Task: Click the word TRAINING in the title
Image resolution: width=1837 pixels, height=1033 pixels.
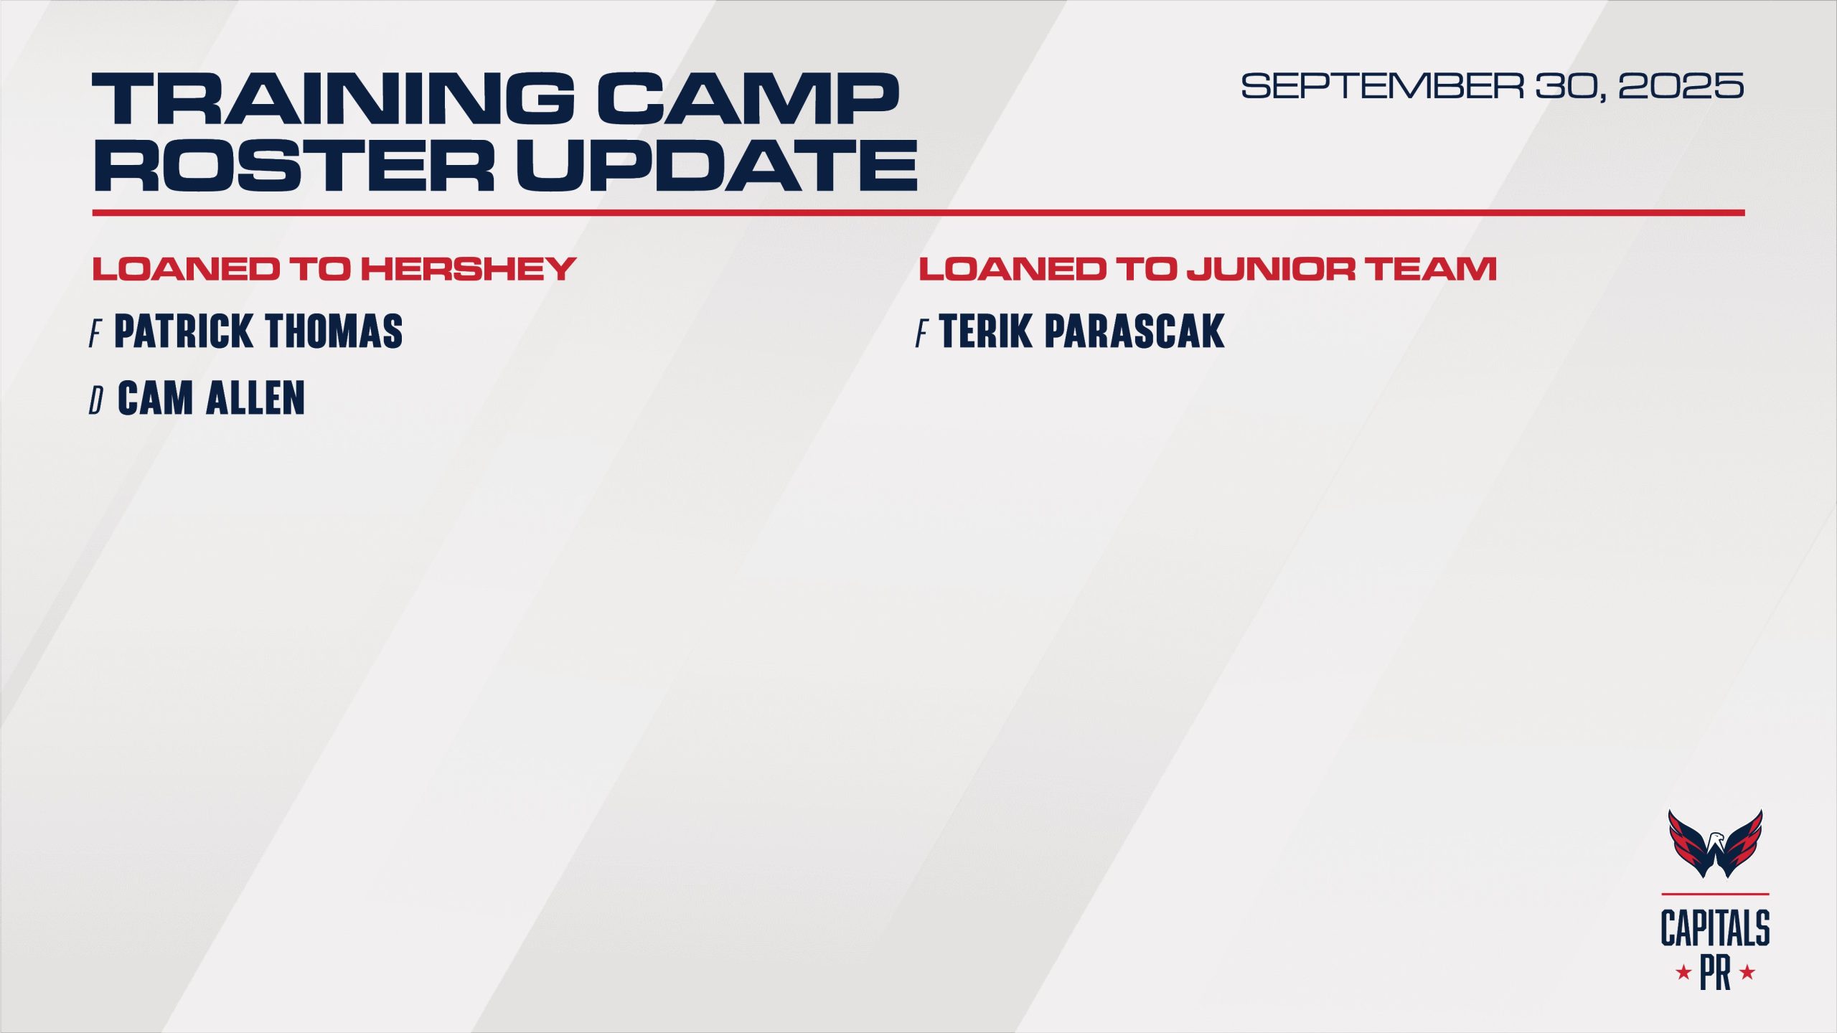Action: [334, 98]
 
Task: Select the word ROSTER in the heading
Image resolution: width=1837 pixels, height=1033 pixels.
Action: [293, 164]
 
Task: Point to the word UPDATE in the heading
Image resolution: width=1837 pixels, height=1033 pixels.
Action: [717, 164]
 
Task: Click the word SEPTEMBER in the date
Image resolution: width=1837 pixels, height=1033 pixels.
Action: [1382, 86]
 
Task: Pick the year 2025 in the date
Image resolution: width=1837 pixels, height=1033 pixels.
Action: [1681, 86]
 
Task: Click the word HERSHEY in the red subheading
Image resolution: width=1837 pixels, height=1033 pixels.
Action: [468, 269]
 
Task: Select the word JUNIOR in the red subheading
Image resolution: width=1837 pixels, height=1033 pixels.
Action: [1271, 269]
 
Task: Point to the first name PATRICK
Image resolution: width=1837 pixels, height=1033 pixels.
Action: [184, 331]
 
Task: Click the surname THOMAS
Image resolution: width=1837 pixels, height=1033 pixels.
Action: [334, 331]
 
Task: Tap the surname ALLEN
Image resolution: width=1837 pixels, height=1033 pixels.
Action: [255, 398]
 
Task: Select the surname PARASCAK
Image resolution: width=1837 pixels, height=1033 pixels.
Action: [1134, 331]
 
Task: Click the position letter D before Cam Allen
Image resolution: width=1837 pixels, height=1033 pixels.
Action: [96, 400]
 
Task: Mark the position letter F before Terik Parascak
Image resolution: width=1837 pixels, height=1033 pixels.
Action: [921, 334]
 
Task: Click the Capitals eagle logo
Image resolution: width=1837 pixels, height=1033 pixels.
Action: [1715, 844]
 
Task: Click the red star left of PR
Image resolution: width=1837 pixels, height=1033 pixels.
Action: [1683, 973]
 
